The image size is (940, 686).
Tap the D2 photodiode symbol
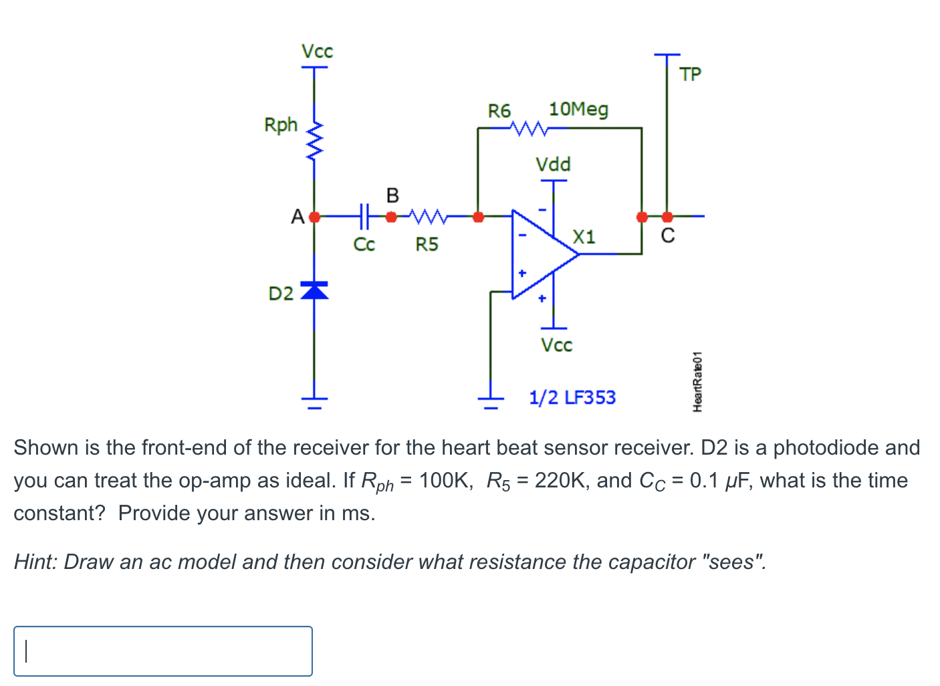click(x=314, y=290)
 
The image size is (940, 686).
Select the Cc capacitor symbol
click(x=364, y=216)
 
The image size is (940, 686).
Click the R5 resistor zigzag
click(x=427, y=216)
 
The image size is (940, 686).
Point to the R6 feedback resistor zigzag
click(x=528, y=128)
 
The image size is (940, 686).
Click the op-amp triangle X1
click(x=542, y=254)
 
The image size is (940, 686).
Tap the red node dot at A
click(x=314, y=217)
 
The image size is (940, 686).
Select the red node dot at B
click(x=392, y=216)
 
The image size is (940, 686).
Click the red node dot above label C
click(x=667, y=217)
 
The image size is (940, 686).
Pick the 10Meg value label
click(x=578, y=109)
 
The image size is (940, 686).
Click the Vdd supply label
click(x=553, y=164)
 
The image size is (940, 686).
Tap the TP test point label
click(x=690, y=74)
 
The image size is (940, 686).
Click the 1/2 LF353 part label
click(x=572, y=398)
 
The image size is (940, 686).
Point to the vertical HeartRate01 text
click(x=697, y=381)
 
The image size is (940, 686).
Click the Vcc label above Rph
click(x=317, y=51)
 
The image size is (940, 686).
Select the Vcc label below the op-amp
click(x=556, y=345)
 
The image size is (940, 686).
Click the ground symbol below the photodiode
click(x=314, y=402)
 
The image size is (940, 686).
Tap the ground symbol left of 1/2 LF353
click(x=491, y=401)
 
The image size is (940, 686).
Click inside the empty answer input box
click(x=163, y=651)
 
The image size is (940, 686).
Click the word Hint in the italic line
click(x=36, y=562)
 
